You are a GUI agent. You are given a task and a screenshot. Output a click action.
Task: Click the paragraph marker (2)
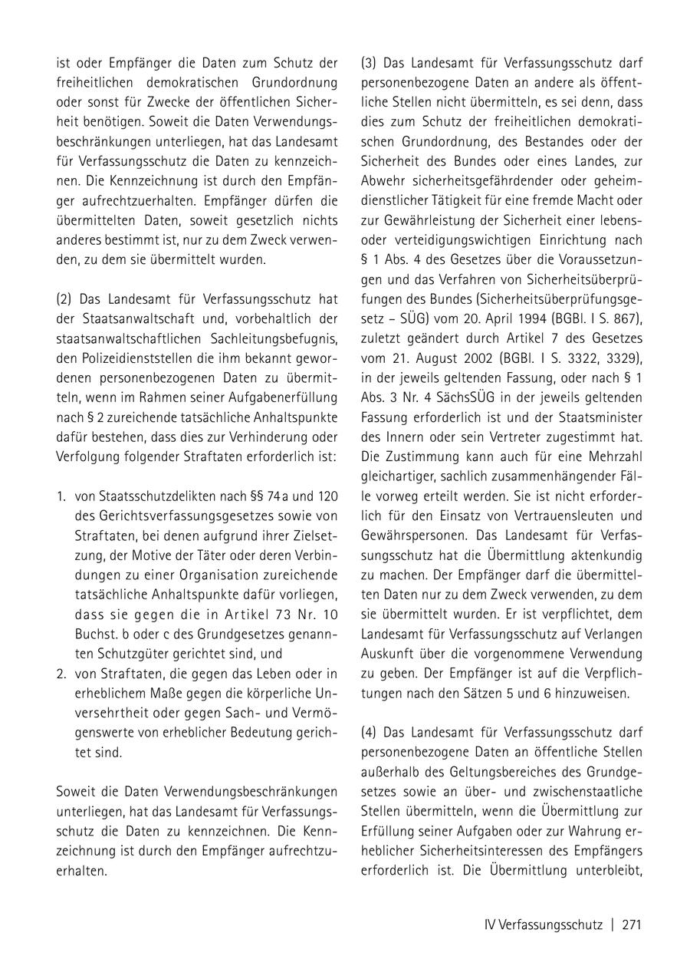(64, 298)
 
